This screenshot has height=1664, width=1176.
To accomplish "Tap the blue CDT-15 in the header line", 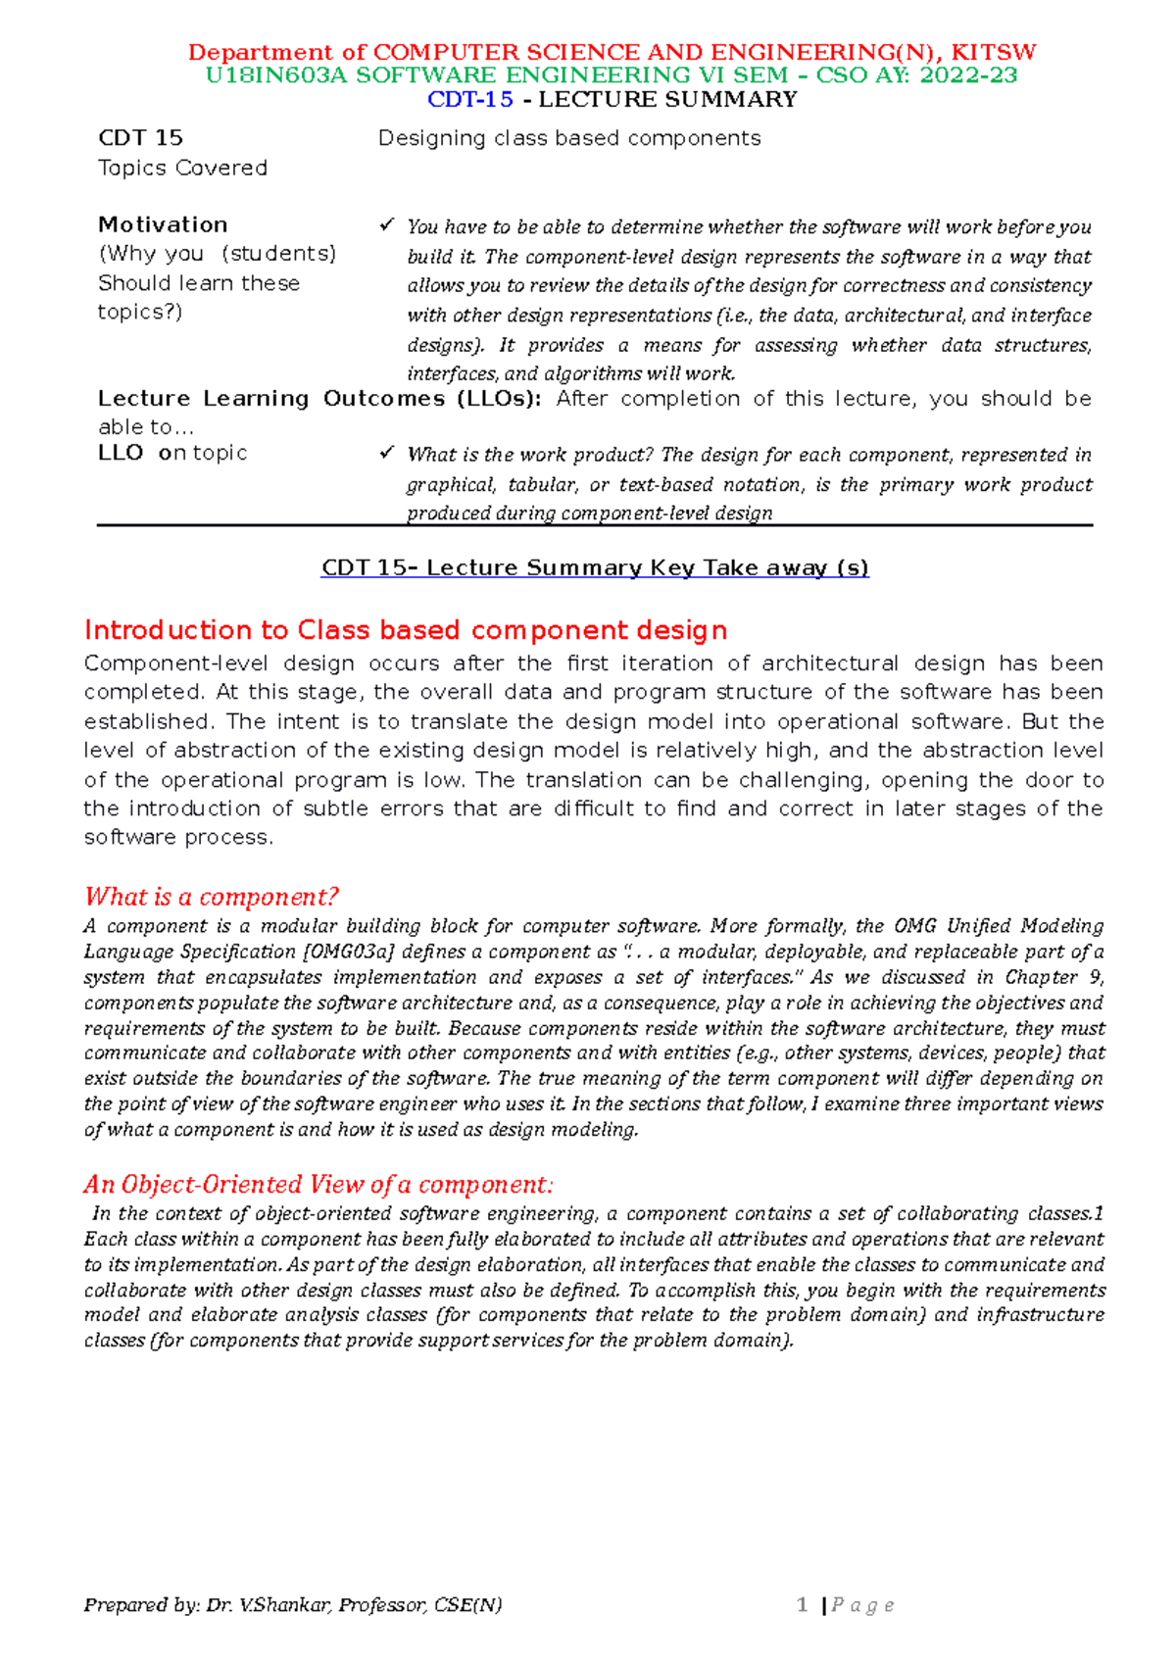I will (x=470, y=99).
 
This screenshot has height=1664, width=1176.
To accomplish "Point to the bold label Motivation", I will (x=163, y=224).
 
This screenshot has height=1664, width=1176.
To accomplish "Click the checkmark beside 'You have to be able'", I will (x=386, y=225).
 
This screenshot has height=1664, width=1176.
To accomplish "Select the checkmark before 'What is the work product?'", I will (x=386, y=453).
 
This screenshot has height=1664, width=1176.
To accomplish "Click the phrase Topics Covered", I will (x=182, y=168).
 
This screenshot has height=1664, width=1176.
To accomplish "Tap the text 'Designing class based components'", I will (x=569, y=138).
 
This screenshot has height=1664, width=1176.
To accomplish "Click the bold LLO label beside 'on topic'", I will (x=121, y=453).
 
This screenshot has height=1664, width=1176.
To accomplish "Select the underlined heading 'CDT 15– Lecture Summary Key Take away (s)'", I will (x=595, y=567).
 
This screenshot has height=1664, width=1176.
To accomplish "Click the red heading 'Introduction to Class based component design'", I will (x=406, y=629).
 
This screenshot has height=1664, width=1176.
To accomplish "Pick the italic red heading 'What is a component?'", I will (x=211, y=897).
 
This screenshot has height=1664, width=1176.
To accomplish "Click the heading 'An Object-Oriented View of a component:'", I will (x=318, y=1184).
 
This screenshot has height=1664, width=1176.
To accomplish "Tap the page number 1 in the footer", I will (x=803, y=1604).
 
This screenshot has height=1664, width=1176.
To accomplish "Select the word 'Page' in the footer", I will (x=862, y=1605).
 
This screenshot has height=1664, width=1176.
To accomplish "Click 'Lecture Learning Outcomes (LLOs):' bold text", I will (x=319, y=399).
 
